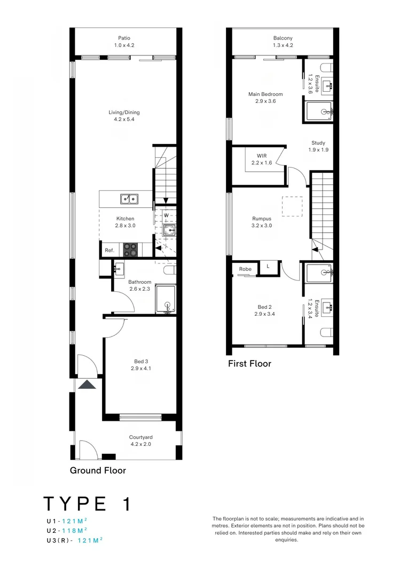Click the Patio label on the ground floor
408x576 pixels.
(124, 38)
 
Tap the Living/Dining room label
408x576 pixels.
(124, 113)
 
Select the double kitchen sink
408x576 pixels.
(128, 199)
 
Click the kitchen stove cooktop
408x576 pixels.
(131, 250)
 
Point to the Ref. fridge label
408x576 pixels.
(109, 250)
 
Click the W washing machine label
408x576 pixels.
(166, 215)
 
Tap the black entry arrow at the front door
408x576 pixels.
(87, 385)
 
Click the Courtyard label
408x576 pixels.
(141, 437)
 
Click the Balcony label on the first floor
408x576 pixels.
(283, 38)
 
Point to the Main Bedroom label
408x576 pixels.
(265, 94)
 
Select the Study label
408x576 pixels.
(318, 143)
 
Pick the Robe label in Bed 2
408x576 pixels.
(245, 269)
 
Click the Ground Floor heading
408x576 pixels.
(98, 470)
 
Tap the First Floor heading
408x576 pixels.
(249, 364)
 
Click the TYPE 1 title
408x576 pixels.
(87, 504)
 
